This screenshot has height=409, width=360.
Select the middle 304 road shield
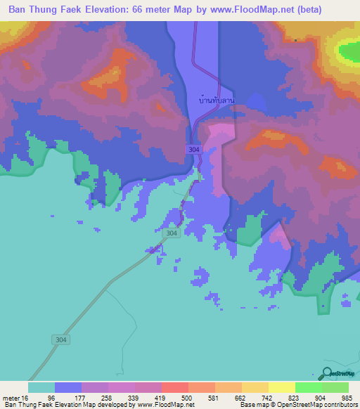coord(171,233)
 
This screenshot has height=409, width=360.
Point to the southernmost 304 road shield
coord(61,339)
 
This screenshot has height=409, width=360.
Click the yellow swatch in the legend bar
coord(281,387)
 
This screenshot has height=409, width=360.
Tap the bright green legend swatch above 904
coord(308,387)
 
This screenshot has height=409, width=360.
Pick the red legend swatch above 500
coord(174,387)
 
